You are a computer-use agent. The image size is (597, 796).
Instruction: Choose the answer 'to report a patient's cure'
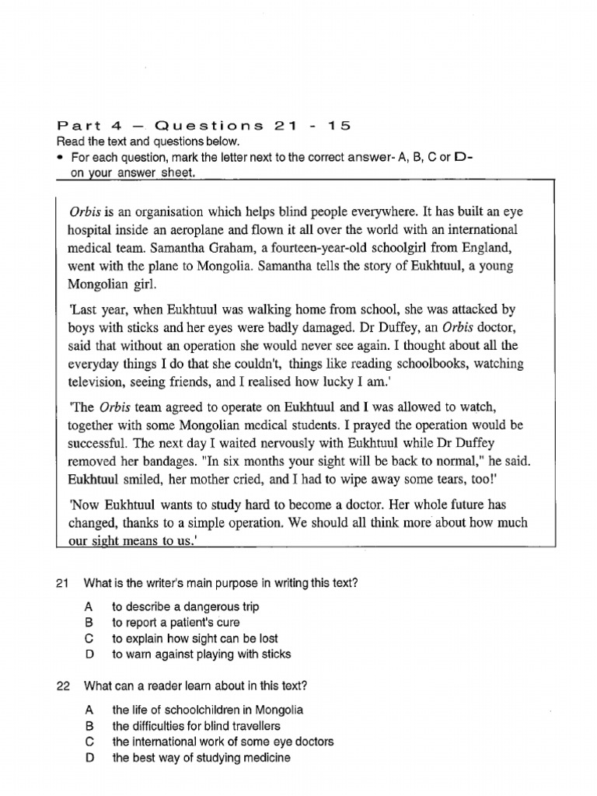point(176,623)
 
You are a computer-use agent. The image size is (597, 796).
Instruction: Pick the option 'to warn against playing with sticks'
point(201,655)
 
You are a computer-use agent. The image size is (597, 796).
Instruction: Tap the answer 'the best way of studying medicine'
point(201,757)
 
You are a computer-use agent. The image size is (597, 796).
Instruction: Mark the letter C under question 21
point(89,639)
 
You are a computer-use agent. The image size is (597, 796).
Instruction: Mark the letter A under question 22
point(89,710)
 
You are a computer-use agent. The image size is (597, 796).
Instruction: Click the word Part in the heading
point(76,126)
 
